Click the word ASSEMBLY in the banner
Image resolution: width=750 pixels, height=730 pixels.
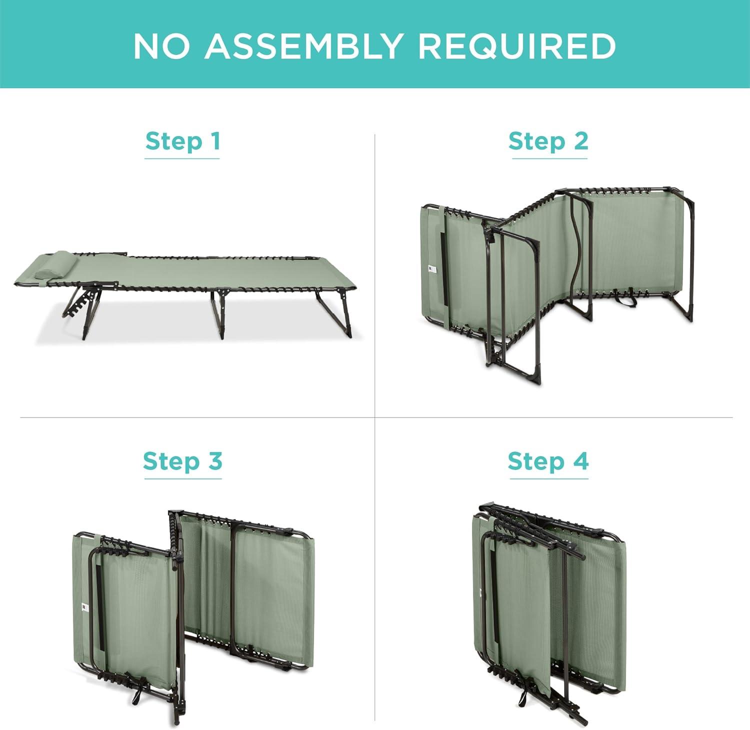pyautogui.click(x=303, y=46)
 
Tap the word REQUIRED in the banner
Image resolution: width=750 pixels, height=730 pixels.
pyautogui.click(x=517, y=46)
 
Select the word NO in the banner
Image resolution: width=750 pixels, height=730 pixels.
pyautogui.click(x=161, y=46)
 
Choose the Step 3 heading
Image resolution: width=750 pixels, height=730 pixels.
pyautogui.click(x=182, y=460)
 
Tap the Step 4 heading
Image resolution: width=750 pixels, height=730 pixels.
pyautogui.click(x=548, y=460)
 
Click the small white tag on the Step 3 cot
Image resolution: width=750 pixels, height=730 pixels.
pyautogui.click(x=83, y=607)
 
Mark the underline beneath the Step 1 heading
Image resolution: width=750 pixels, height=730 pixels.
pyautogui.click(x=182, y=158)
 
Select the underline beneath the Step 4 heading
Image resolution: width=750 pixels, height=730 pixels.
pyautogui.click(x=548, y=478)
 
